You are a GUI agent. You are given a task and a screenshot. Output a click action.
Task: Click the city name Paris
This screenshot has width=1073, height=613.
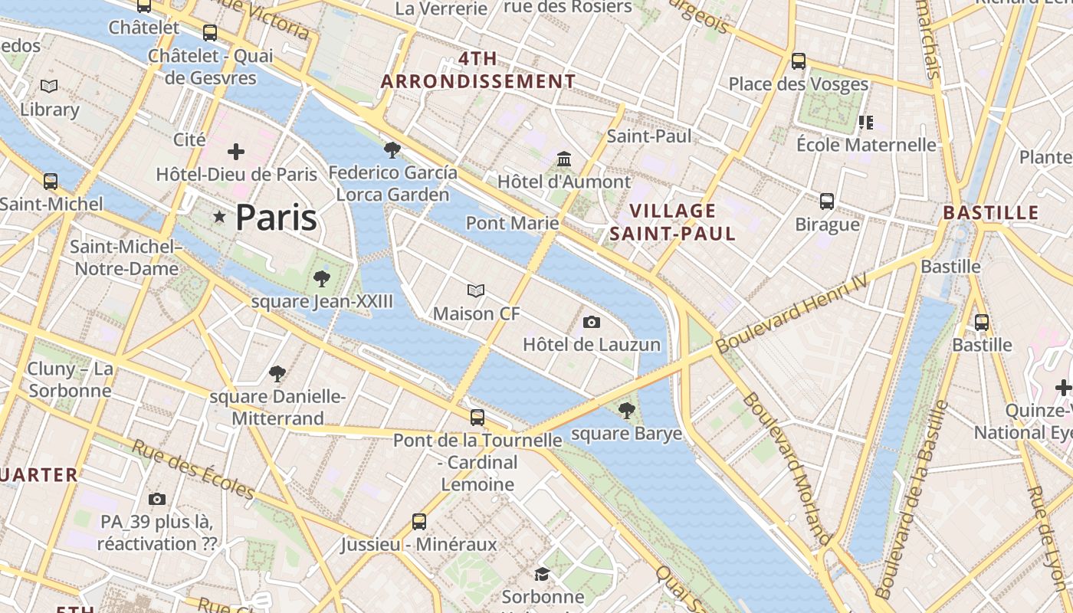click(x=276, y=218)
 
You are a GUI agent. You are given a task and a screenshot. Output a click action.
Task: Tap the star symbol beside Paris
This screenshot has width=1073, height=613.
click(x=220, y=218)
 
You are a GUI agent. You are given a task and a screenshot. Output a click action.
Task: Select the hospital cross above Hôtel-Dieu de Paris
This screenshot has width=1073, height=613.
click(x=236, y=152)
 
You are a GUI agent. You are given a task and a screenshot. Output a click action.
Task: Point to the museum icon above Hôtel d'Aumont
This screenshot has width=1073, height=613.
click(x=564, y=159)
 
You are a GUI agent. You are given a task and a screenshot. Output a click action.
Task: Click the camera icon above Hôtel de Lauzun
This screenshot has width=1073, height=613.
click(x=591, y=322)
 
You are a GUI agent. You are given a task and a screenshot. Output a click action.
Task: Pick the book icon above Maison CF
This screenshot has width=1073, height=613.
click(x=476, y=291)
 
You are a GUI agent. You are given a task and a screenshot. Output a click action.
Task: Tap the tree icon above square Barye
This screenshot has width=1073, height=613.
click(x=627, y=411)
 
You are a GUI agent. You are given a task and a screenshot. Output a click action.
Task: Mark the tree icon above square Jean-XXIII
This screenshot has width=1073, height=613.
click(x=322, y=279)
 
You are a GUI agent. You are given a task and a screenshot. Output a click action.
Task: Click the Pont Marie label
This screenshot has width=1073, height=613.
click(x=512, y=223)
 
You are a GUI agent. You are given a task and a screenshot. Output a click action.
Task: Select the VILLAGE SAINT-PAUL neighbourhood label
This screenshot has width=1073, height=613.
click(x=672, y=222)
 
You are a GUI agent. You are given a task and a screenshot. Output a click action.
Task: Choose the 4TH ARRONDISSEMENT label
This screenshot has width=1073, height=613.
click(x=478, y=70)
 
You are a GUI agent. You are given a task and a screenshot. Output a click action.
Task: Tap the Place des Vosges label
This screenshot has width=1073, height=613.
click(x=798, y=84)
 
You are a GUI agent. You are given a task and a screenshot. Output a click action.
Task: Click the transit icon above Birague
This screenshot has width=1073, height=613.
click(x=827, y=202)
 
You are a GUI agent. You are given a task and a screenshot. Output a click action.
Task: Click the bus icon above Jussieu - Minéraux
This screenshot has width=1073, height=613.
click(x=419, y=522)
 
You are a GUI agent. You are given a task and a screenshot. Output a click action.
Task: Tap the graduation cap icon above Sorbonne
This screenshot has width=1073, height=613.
click(x=543, y=574)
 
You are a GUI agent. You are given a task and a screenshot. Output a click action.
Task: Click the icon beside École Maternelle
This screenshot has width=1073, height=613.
click(x=866, y=123)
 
